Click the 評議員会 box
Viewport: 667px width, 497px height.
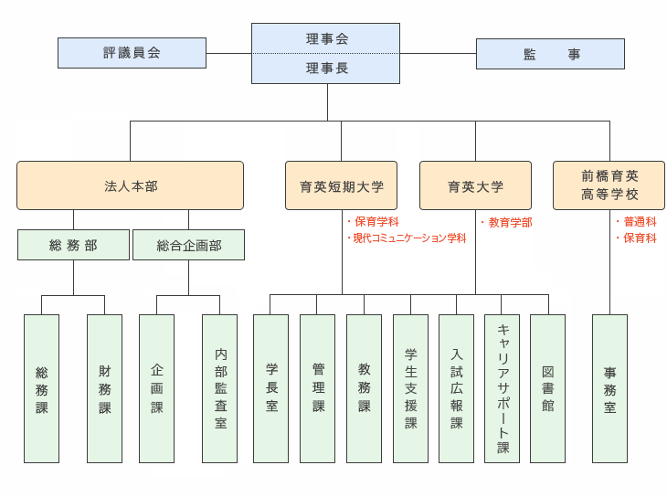click(x=132, y=53)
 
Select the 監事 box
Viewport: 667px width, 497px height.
click(x=550, y=54)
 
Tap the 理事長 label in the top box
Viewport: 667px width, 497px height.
click(x=326, y=69)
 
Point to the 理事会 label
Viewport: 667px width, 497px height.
click(x=326, y=38)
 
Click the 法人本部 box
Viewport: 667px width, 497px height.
click(x=130, y=185)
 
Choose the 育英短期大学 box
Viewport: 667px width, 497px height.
click(x=341, y=185)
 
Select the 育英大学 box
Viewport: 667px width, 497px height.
click(x=475, y=185)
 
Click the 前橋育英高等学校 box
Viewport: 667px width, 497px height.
click(x=609, y=185)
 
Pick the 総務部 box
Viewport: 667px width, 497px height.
click(x=73, y=245)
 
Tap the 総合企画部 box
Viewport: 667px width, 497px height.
click(x=188, y=245)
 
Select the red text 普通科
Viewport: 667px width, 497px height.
click(x=639, y=222)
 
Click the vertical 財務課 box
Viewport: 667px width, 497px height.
click(x=104, y=388)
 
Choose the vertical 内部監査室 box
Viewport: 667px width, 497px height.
click(x=219, y=388)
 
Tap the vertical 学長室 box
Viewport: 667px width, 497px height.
click(x=270, y=388)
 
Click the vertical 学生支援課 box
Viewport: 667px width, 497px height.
click(x=410, y=388)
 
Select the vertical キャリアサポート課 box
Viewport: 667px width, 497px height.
click(x=502, y=388)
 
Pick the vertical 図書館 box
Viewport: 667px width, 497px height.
click(x=547, y=388)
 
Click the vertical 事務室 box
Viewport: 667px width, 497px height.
click(x=609, y=388)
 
